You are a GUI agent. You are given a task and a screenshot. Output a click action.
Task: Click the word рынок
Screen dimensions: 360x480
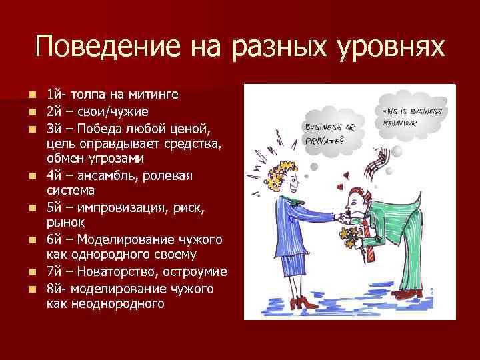65,223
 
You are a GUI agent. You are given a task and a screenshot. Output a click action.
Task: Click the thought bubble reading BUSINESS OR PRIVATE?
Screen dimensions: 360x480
331,129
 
